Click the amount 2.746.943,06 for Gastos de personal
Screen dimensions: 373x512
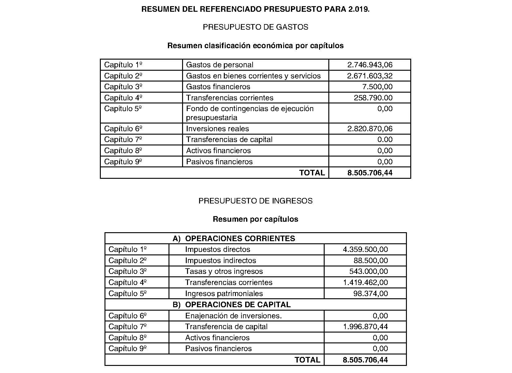coord(370,65)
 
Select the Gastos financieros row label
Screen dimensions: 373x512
coord(218,87)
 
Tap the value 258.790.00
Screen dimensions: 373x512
coord(373,98)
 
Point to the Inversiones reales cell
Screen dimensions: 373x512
coord(217,129)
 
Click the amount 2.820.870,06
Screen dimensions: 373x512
coord(370,129)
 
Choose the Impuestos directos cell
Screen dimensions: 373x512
coord(218,249)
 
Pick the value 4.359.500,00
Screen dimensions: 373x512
coord(365,249)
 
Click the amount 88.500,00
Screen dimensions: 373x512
coord(370,261)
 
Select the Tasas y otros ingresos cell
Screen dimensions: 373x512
coord(224,271)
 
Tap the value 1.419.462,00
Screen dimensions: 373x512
coord(365,283)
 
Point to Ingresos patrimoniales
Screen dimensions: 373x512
coord(224,294)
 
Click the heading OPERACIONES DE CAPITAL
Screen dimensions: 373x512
coord(238,305)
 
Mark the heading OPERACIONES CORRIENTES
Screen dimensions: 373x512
coord(240,239)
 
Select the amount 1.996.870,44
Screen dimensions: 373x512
coord(365,327)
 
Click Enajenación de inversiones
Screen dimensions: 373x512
coord(233,316)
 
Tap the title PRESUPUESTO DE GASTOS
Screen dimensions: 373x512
coord(255,27)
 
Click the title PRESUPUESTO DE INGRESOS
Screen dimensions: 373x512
coord(255,201)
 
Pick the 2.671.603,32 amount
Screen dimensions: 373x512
coord(370,76)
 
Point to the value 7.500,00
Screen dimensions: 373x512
coord(377,87)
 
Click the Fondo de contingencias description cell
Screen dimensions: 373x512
coord(250,113)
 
